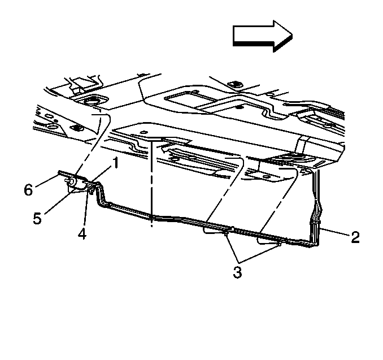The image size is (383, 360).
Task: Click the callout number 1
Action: pos(115,163)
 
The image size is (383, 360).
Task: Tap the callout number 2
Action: pos(355,237)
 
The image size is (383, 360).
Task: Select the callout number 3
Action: pos(237,272)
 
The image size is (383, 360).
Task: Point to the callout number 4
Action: pos(82,233)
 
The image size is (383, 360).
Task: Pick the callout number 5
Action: pos(37,218)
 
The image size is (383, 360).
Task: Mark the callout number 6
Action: pos(28,190)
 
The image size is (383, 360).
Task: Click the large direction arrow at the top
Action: pos(263,36)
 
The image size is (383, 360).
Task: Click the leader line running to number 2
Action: pos(334,232)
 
